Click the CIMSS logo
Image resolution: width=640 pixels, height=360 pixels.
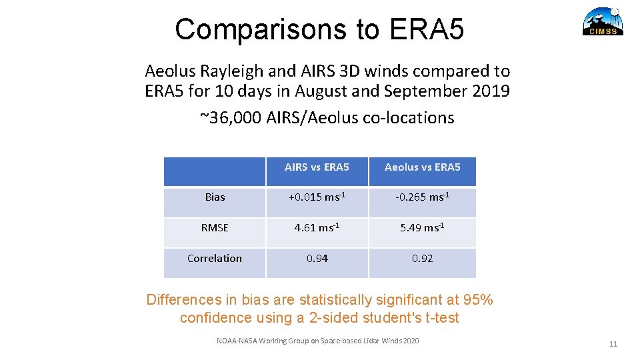tap(603, 21)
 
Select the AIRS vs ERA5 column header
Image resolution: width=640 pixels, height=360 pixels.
tap(317, 167)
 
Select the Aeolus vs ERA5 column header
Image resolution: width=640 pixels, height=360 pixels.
tap(422, 167)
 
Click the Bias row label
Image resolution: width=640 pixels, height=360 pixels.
tap(215, 197)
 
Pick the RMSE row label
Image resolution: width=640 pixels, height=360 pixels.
tap(215, 228)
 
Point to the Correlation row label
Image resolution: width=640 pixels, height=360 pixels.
tap(215, 259)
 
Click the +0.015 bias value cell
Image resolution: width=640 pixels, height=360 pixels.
tap(317, 197)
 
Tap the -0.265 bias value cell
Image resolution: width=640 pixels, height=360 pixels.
tap(422, 197)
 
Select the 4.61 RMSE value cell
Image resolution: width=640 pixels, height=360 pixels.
tap(317, 228)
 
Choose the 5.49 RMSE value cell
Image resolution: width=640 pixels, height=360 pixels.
tap(422, 228)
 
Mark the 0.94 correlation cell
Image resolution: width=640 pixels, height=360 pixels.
tap(317, 259)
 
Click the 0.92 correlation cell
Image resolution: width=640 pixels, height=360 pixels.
tap(422, 259)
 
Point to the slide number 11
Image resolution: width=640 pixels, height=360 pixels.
tap(613, 344)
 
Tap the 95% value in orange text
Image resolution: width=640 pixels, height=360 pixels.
tap(477, 300)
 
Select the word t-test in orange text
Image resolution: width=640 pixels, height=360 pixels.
tap(437, 318)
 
